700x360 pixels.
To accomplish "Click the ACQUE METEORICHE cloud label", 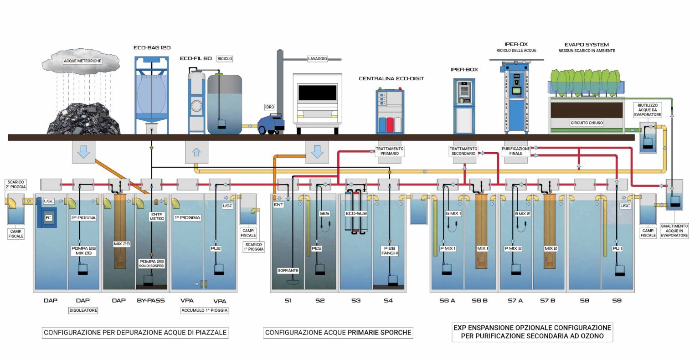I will pos(82,60).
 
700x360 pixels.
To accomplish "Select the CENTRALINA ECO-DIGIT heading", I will pos(391,78).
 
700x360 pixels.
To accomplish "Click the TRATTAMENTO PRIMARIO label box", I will pos(389,151).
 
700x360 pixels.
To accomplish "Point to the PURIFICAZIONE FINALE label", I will pos(516,151).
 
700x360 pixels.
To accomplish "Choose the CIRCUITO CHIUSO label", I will pos(587,123).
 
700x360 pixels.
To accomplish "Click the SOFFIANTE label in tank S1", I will pos(288,271).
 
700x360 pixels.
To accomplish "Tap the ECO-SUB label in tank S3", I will pos(356,213).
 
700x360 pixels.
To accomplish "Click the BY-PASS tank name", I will pos(151,301).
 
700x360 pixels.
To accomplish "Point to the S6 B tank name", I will pos(479,301).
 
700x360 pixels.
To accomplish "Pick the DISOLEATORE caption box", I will pos(83,310).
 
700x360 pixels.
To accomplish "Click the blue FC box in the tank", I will pos(48,217).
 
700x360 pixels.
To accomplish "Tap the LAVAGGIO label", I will pos(317,59).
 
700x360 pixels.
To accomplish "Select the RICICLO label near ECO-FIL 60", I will pos(225,59).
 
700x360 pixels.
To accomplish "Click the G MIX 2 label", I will pos(522,213).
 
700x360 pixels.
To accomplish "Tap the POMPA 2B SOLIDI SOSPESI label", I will pos(151,263).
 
